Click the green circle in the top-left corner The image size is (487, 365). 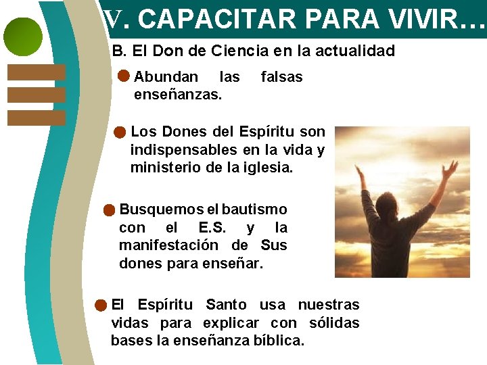point(23,36)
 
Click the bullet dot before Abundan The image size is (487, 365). point(124,76)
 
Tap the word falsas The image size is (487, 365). point(281,77)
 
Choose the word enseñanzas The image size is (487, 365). point(178,95)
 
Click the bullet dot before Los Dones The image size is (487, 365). point(120,131)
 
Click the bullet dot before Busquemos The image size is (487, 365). point(108,210)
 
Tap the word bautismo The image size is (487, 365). point(254,210)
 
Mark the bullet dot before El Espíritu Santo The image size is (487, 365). point(100,306)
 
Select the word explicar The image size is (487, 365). point(231,323)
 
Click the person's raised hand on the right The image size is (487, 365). point(449,167)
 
